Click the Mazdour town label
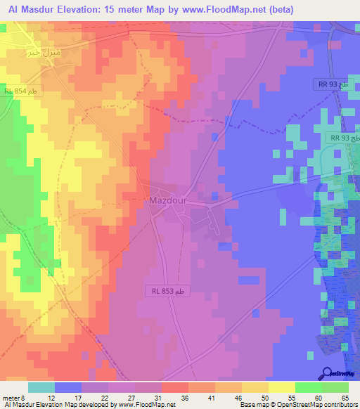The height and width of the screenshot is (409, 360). [167, 200]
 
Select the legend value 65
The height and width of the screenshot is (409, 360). [345, 398]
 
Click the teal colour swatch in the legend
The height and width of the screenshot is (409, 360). [41, 387]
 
